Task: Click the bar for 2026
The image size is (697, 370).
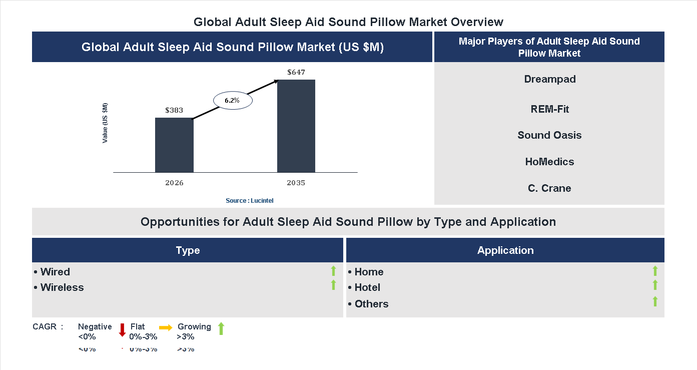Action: coord(174,145)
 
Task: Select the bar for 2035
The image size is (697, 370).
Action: coord(296,126)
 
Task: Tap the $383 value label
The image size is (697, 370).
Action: coord(174,110)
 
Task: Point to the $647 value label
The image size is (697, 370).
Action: coord(296,72)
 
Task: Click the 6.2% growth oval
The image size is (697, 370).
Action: coord(233,100)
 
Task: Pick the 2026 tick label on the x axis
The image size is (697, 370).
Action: coord(174,183)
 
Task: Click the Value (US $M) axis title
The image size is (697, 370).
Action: coord(105,123)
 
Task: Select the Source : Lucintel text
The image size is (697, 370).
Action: coord(249,200)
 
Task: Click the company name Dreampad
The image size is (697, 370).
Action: coord(549,79)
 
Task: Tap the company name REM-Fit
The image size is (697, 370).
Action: coord(549,109)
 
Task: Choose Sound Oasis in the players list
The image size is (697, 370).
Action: coord(549,135)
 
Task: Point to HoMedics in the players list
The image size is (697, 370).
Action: coord(549,162)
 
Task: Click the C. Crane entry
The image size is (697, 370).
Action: coord(549,188)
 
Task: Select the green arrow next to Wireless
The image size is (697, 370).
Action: coord(333,285)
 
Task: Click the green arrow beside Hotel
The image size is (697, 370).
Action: coord(655,285)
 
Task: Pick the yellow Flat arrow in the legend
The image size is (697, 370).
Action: coord(166,327)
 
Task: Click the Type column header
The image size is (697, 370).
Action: coord(188,250)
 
